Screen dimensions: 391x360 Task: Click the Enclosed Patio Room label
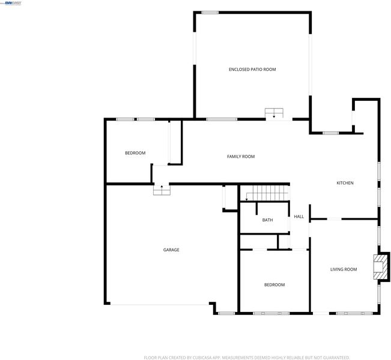(x=252, y=69)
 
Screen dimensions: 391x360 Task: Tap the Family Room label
(x=241, y=157)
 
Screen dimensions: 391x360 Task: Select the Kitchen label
(x=345, y=183)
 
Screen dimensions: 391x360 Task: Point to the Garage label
(x=171, y=250)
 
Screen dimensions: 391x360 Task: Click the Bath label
(x=267, y=220)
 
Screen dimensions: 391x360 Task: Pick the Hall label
(x=299, y=217)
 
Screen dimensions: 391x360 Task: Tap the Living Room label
(x=344, y=269)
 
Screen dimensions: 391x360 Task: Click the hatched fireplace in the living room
(x=379, y=266)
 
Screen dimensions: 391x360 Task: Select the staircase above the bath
(x=267, y=193)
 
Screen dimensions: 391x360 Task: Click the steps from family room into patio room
(x=274, y=113)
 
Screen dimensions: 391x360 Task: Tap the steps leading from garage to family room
(x=162, y=190)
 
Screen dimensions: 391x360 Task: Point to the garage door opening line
(x=160, y=304)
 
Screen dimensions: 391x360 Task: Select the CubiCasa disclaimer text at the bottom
(x=247, y=358)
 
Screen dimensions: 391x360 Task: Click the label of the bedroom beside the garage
(x=274, y=285)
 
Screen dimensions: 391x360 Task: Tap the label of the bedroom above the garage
(x=135, y=153)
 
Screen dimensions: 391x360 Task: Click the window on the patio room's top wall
(x=210, y=13)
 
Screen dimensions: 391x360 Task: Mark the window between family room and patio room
(x=222, y=119)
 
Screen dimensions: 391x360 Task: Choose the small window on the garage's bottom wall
(x=226, y=313)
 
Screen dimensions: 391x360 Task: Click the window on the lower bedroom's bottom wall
(x=271, y=313)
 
